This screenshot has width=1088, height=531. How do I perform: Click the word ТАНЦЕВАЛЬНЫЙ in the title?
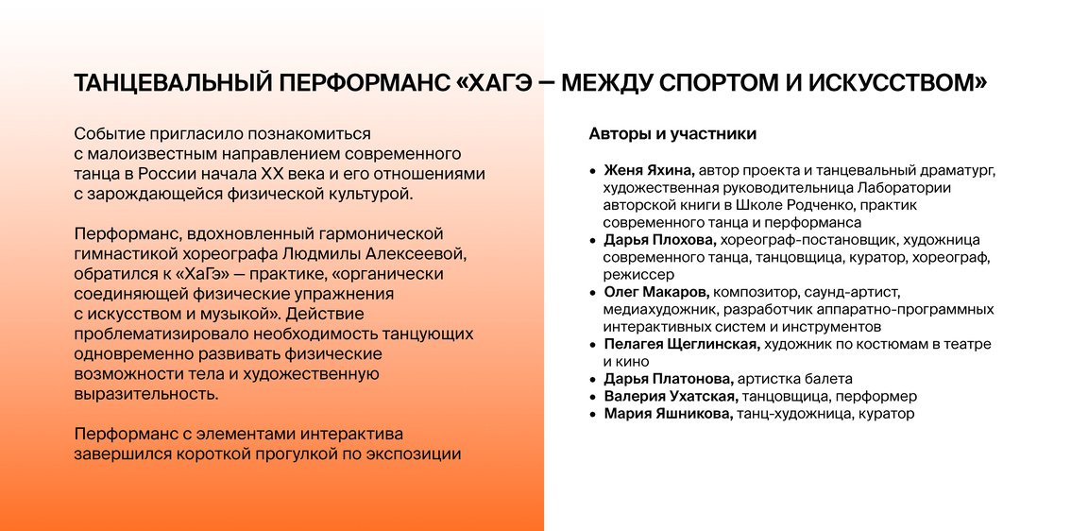click(x=171, y=83)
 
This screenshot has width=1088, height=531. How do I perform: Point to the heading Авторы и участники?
click(x=672, y=134)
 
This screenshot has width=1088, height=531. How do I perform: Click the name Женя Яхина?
click(x=648, y=171)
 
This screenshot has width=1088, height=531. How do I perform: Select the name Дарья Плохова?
click(x=659, y=240)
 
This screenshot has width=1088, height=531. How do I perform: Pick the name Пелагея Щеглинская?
click(x=682, y=344)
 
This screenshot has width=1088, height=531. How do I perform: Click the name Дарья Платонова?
click(x=669, y=379)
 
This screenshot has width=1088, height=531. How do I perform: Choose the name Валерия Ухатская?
click(x=669, y=396)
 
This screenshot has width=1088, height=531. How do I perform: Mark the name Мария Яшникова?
click(x=668, y=415)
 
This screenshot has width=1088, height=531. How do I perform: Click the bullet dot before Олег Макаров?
click(x=592, y=292)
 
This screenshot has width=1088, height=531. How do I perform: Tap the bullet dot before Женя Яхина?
click(x=592, y=171)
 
